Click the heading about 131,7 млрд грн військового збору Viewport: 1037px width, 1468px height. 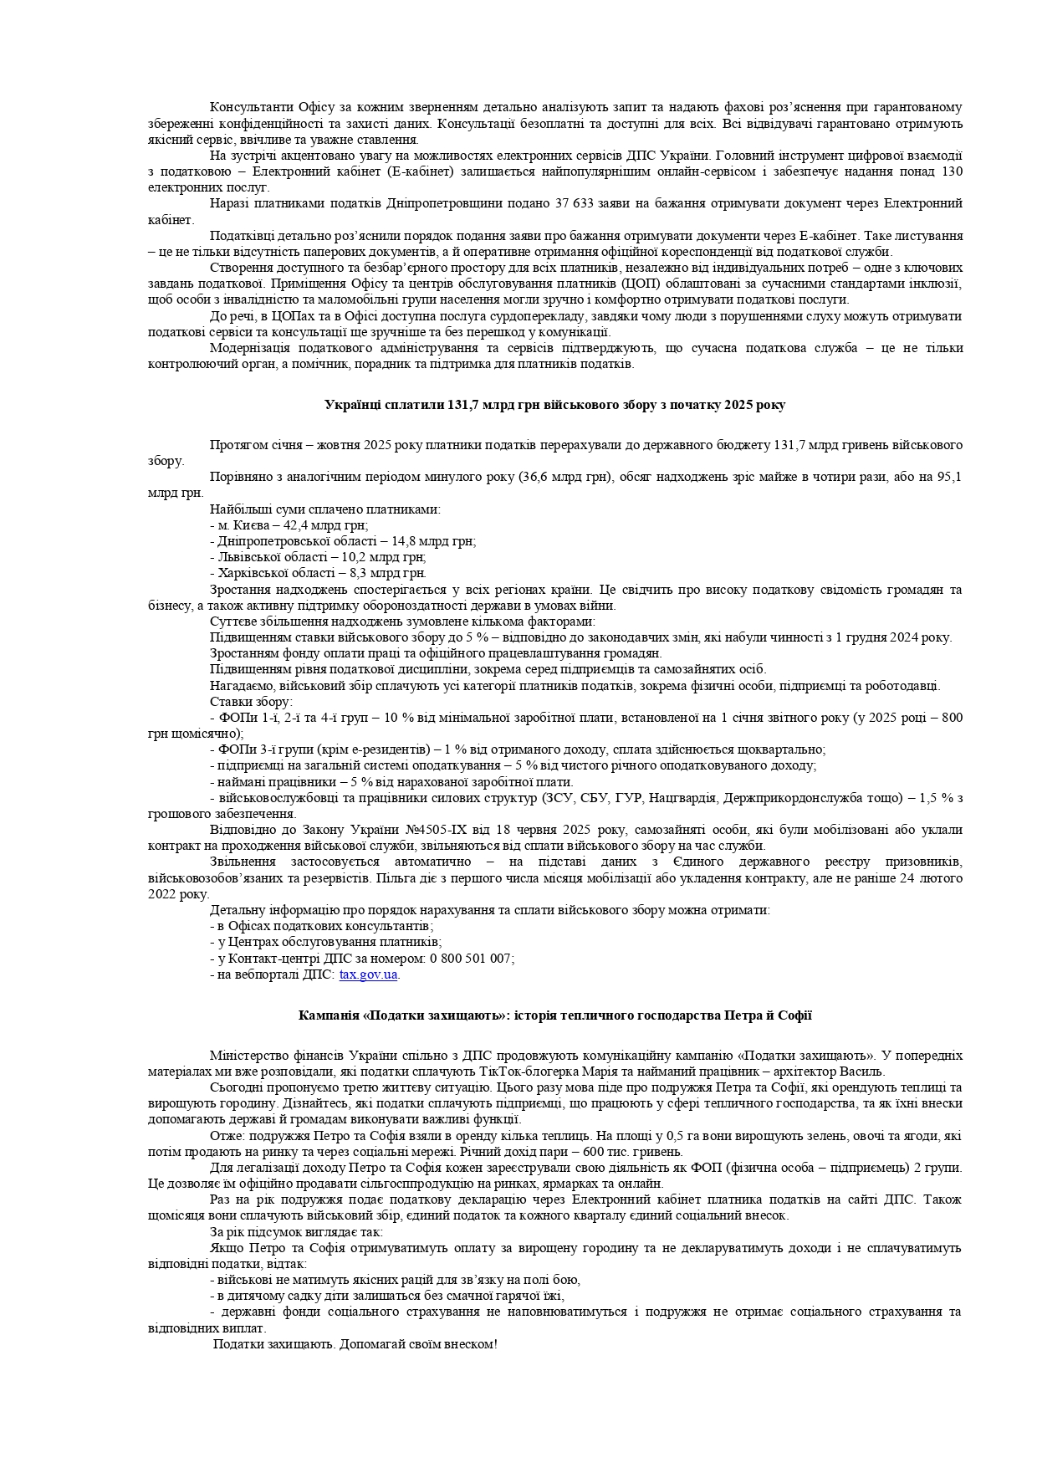coord(554,405)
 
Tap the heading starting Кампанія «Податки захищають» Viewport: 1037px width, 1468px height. coord(554,1015)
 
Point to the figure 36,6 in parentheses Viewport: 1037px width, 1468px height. coord(534,477)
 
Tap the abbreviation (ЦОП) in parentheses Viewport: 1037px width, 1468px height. coord(639,284)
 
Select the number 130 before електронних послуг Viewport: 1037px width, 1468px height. coord(951,171)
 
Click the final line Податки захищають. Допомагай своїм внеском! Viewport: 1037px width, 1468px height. coord(355,1344)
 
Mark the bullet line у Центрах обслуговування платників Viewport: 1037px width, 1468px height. coord(326,942)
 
